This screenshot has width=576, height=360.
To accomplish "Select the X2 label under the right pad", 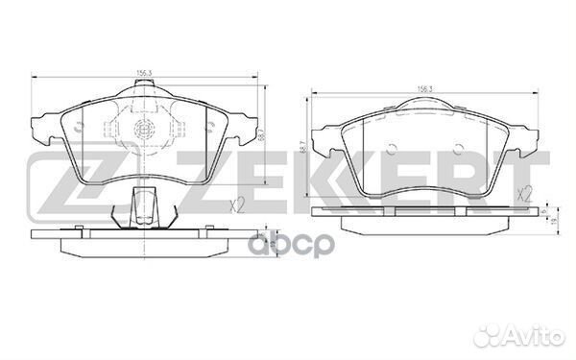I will click(523, 195).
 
